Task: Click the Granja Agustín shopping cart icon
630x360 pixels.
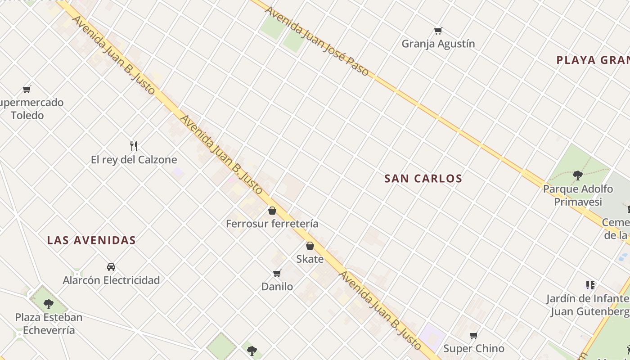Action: click(x=438, y=31)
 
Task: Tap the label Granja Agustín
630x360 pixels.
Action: click(x=438, y=44)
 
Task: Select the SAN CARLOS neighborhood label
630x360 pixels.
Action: click(x=423, y=179)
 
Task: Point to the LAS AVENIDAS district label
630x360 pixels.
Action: click(x=91, y=240)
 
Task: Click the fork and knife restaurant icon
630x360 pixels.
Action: click(x=133, y=146)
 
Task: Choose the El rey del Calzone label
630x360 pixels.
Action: click(x=134, y=160)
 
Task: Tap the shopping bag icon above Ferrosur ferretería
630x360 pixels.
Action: click(x=272, y=211)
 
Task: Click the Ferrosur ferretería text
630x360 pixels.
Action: click(x=272, y=224)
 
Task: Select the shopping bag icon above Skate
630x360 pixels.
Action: click(x=310, y=246)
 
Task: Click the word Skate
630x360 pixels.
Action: click(x=310, y=259)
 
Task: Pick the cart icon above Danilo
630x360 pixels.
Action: click(x=277, y=273)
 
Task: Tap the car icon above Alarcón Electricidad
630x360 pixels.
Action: click(x=111, y=267)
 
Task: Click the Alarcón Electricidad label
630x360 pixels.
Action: click(x=111, y=280)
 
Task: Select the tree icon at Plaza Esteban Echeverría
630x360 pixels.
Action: click(x=49, y=304)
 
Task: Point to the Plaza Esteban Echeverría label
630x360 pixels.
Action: click(x=49, y=324)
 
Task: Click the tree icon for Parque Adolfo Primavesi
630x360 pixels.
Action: click(x=578, y=175)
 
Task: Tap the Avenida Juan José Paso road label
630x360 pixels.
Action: click(x=317, y=41)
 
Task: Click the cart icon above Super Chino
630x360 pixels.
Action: click(x=473, y=335)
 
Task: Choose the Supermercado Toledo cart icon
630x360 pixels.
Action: click(x=27, y=89)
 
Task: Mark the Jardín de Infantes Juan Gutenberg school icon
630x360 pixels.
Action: click(x=590, y=285)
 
